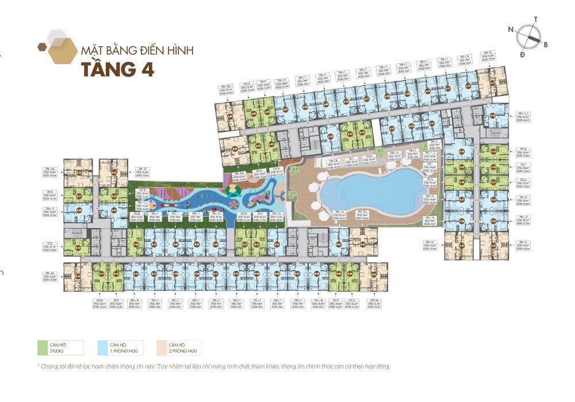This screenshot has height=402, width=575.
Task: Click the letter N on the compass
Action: click(511, 28)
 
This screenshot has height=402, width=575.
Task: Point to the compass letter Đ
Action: click(522, 54)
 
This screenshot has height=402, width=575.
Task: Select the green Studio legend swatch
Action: click(43, 347)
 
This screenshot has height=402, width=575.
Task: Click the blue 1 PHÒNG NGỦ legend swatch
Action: click(102, 347)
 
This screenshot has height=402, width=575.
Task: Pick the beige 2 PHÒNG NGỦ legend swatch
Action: click(162, 347)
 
